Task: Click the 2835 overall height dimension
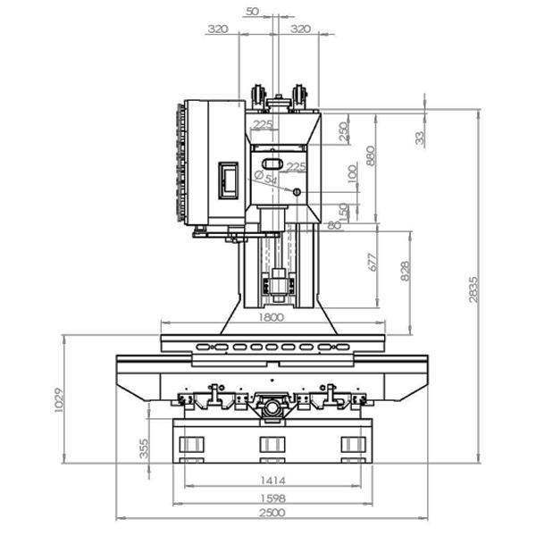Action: pos(473,289)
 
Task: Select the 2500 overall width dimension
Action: pos(272,513)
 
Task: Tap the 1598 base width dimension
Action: pos(272,498)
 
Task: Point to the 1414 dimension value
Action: pos(272,481)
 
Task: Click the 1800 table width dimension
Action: pos(271,317)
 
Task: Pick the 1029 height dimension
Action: pos(59,400)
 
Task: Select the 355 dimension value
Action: pos(144,448)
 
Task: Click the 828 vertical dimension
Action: pos(405,271)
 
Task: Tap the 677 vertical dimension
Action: pos(373,263)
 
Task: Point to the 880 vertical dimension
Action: pos(370,155)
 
